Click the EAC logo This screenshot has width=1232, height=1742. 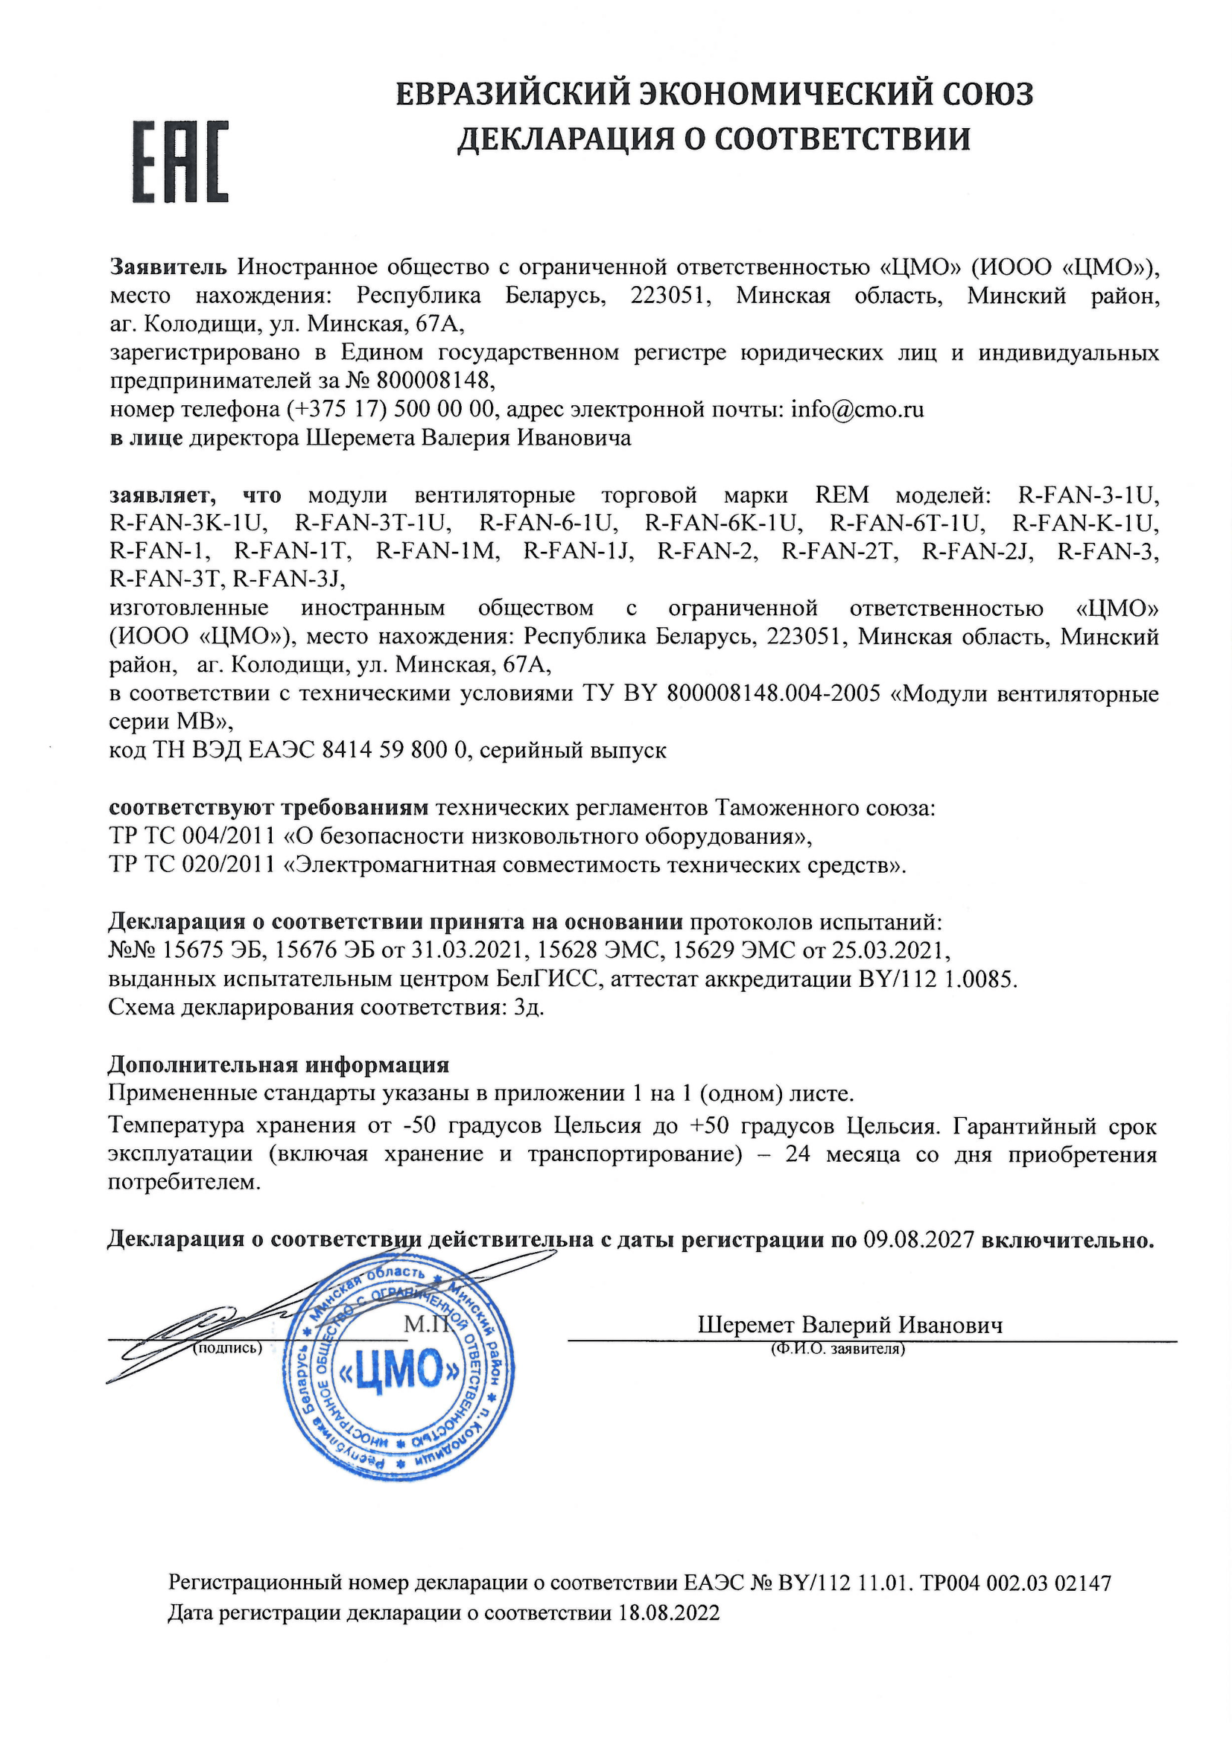click(x=181, y=161)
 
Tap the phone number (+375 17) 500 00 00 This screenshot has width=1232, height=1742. click(x=391, y=410)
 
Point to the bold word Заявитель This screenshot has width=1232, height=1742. click(x=168, y=267)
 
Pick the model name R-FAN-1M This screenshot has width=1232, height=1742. click(x=438, y=552)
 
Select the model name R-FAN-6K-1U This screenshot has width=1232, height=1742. click(x=723, y=524)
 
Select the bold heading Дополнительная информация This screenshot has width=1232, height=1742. click(x=279, y=1065)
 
